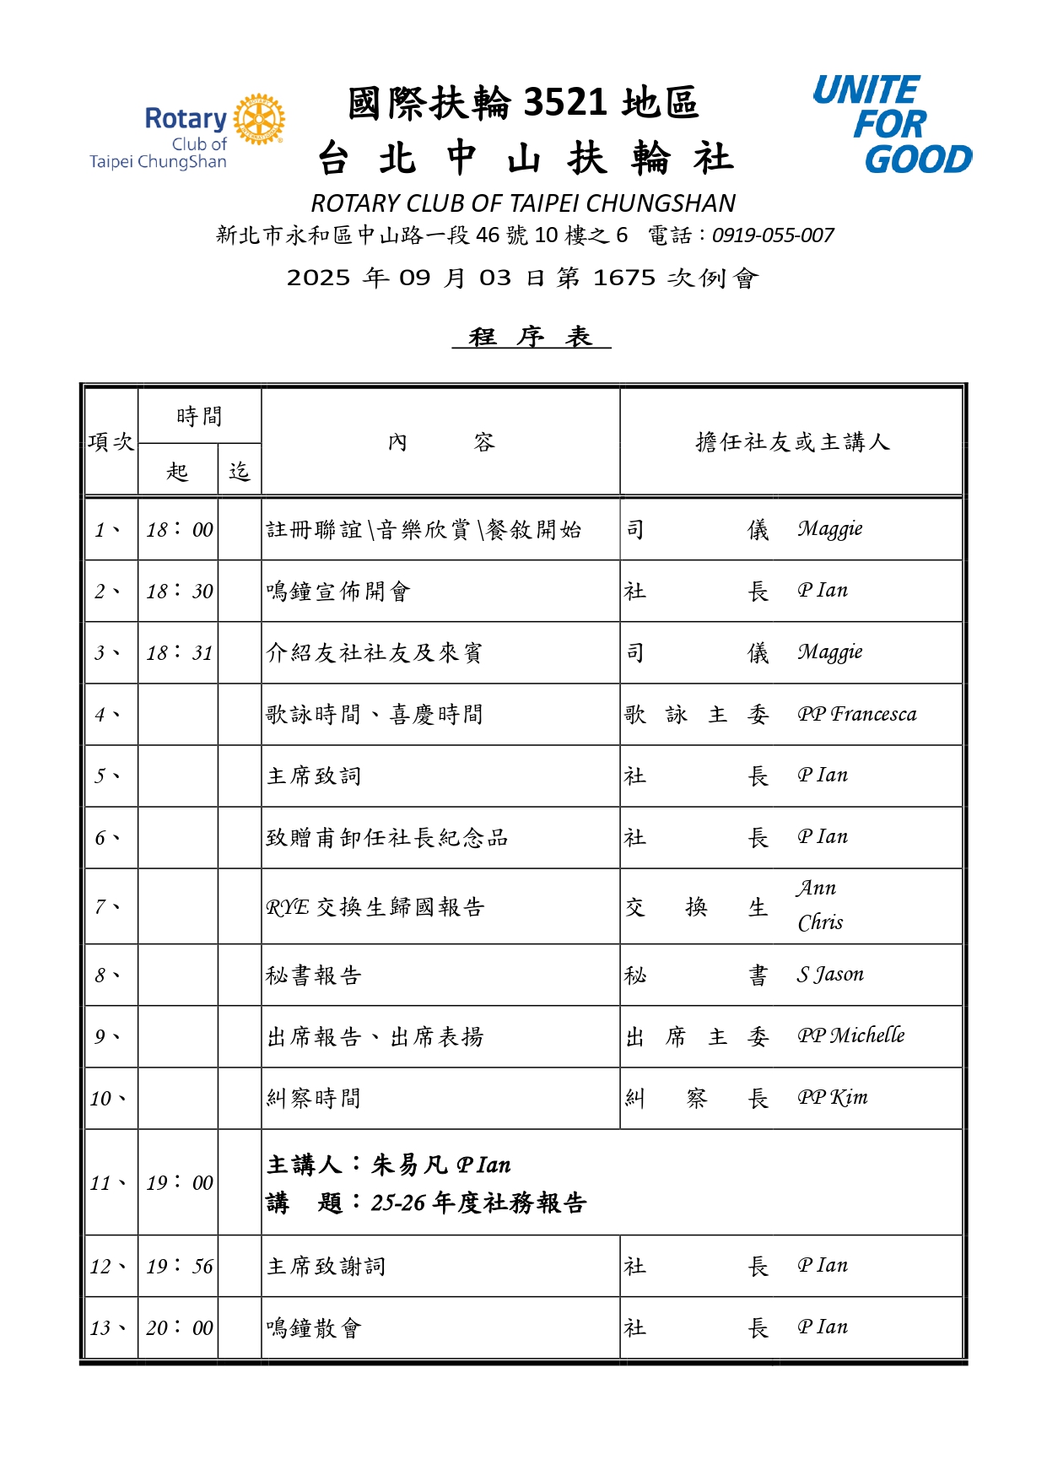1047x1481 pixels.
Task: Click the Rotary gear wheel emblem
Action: pos(259,119)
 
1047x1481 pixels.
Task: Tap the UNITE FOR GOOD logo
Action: pos(892,124)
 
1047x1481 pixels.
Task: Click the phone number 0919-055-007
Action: pos(773,235)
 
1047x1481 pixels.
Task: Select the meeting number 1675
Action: pos(623,278)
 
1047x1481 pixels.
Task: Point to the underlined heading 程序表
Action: pos(531,337)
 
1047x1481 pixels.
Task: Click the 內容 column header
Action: pos(440,442)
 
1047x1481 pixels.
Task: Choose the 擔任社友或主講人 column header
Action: pos(791,442)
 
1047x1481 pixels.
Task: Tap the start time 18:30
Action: pos(179,591)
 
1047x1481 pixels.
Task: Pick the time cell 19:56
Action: pos(179,1266)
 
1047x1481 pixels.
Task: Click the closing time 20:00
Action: pos(179,1327)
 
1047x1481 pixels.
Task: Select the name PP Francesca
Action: pos(856,714)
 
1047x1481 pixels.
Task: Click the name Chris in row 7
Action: pos(820,922)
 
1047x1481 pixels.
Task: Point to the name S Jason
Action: pos(830,975)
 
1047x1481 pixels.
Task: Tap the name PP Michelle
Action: pos(850,1035)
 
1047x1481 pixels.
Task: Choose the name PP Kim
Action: pos(832,1097)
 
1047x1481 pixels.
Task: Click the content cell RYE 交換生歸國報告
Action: pos(375,907)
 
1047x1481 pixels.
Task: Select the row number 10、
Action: pos(108,1098)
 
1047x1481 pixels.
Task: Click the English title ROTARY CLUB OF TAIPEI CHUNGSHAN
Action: pos(523,203)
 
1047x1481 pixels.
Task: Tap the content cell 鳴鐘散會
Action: pos(314,1328)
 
